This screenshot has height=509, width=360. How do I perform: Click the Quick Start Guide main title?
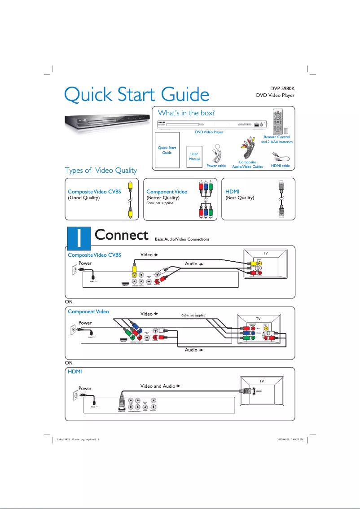click(136, 95)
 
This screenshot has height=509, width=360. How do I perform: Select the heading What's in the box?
click(186, 113)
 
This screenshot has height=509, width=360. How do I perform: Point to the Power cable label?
click(216, 166)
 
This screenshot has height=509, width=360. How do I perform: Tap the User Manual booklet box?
click(194, 157)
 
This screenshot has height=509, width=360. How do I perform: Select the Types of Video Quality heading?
click(101, 170)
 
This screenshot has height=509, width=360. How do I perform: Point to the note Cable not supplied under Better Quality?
click(160, 203)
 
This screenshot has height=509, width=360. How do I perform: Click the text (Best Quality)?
click(240, 197)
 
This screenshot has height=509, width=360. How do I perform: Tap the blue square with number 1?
click(78, 237)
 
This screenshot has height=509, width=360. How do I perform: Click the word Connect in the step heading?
click(121, 235)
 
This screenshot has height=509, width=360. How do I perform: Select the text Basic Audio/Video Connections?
click(182, 239)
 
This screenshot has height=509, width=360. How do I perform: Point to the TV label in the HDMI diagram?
click(262, 381)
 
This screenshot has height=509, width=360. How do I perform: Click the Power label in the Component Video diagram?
click(85, 323)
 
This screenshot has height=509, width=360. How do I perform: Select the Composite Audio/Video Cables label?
click(247, 164)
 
